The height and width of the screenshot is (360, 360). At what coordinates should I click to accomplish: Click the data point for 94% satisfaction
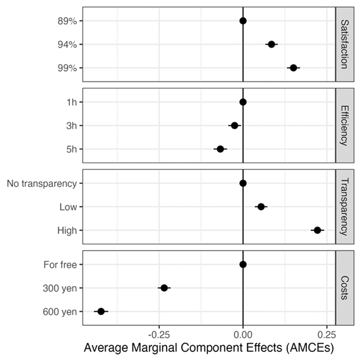tap(271, 44)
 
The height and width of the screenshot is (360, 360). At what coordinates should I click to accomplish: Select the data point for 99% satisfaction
tap(294, 68)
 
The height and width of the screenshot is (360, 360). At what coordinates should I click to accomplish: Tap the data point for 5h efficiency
tap(220, 149)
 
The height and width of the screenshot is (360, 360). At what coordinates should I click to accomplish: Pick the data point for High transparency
tap(317, 230)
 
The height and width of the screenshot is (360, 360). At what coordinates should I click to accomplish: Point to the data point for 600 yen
tap(101, 311)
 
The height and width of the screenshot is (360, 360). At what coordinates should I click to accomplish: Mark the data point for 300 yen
tap(164, 288)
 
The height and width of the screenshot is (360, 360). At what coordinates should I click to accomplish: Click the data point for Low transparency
tap(261, 207)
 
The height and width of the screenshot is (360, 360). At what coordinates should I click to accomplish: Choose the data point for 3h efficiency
tap(235, 125)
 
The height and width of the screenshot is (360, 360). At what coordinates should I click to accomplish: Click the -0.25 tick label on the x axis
tap(159, 333)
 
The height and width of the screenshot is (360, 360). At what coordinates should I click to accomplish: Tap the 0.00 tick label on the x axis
tap(243, 333)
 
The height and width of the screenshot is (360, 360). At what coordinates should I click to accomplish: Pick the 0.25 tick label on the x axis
tap(326, 333)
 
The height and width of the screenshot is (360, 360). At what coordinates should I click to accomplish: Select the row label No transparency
tap(42, 183)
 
